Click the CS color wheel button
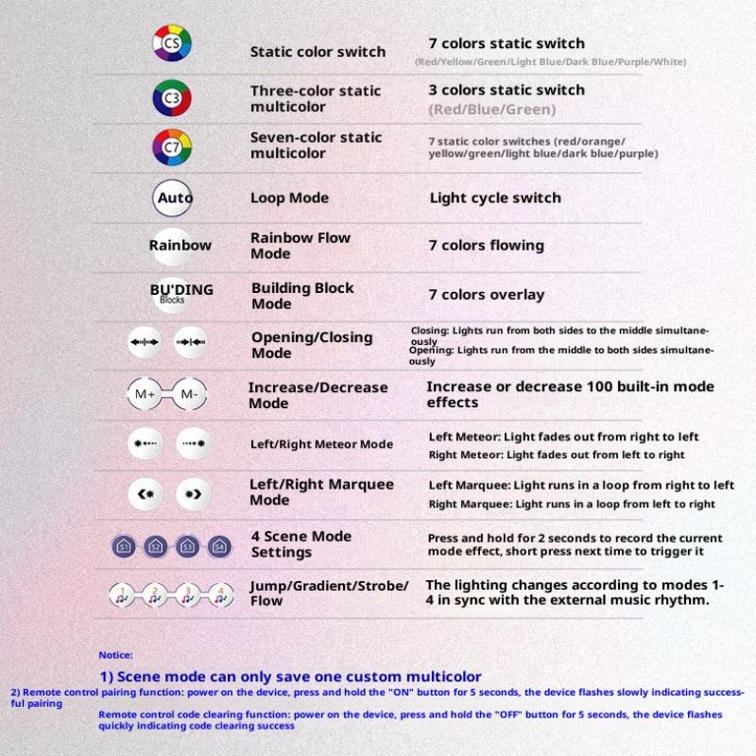coord(172,43)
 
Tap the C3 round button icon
coord(172,97)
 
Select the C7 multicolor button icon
coord(172,147)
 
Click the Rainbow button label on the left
coord(180,245)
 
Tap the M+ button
coord(146,394)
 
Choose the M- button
coord(189,394)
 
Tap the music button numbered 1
coord(123,595)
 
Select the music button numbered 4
coord(220,595)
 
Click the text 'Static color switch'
coord(318,52)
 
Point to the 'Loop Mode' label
coord(289,198)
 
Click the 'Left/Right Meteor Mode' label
coord(321,444)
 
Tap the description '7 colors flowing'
coord(486,245)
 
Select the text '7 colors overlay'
coord(486,295)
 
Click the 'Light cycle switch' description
coord(494,198)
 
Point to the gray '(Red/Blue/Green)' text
coord(491,110)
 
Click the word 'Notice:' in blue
coord(115,655)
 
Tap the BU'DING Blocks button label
coord(180,292)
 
